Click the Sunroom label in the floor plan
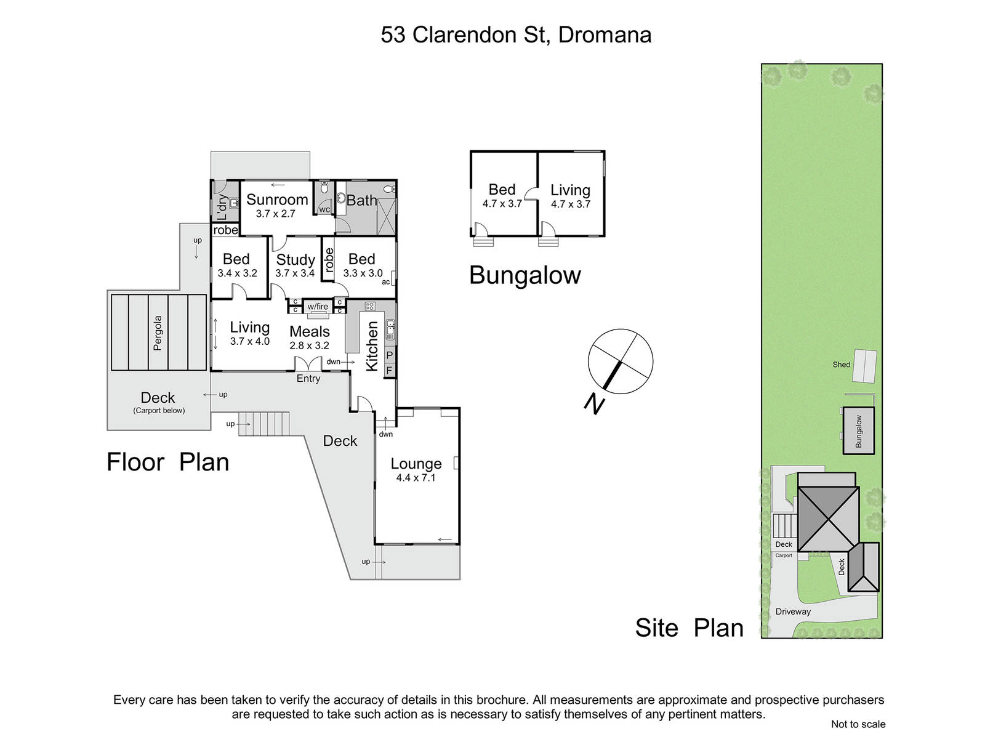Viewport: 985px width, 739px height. pos(277,200)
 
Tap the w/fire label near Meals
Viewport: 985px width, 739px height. pos(318,307)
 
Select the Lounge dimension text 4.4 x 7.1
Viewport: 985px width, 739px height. pos(416,477)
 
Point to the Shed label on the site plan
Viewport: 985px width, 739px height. pos(841,365)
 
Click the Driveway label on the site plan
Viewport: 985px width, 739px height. pos(793,612)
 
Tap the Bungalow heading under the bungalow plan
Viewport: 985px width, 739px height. pos(525,275)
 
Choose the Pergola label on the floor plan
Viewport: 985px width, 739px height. pos(157,333)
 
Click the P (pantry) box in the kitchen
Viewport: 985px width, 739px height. pos(389,355)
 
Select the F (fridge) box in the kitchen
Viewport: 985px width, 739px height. pos(389,371)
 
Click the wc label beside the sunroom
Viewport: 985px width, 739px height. pos(324,209)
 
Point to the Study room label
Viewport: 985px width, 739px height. pos(295,260)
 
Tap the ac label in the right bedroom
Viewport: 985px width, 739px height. pos(385,282)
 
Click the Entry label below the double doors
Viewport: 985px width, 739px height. pos(308,379)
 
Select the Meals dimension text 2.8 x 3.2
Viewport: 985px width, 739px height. pos(309,345)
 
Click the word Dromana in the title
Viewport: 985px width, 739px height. pos(605,35)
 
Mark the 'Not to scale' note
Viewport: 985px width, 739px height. pos(858,724)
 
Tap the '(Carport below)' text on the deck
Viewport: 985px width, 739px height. pos(159,411)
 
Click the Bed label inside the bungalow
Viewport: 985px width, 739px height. pos(502,190)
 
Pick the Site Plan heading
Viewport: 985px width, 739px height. pos(689,628)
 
